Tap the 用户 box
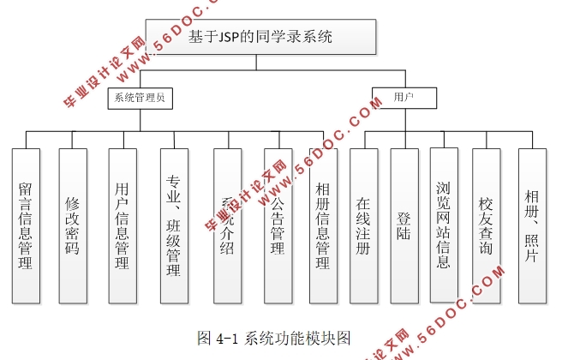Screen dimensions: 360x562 tap(403, 97)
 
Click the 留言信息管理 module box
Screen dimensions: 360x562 tap(26, 225)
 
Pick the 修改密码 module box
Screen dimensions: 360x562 tap(73, 225)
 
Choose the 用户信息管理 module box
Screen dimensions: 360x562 tap(122, 225)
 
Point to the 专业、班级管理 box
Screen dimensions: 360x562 tap(174, 225)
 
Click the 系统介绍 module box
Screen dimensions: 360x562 tap(227, 225)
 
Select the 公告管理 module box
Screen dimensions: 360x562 tap(278, 225)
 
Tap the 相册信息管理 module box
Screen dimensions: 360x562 tap(322, 225)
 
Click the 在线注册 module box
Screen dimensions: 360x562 tap(363, 225)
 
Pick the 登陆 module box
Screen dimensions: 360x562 tap(404, 225)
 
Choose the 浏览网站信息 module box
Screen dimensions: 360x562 tap(443, 225)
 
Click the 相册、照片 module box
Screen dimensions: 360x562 tap(531, 225)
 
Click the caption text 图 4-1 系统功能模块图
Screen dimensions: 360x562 tap(274, 337)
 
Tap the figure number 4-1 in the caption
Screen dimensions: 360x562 tap(229, 337)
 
